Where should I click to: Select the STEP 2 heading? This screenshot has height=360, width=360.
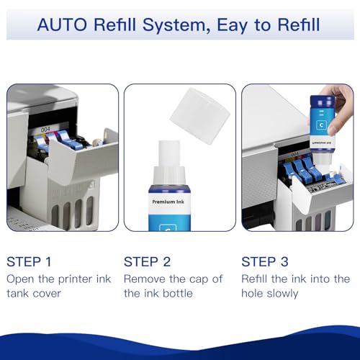point(148,261)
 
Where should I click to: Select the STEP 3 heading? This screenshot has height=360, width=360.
point(266,261)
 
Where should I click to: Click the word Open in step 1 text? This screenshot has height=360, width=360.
point(21,279)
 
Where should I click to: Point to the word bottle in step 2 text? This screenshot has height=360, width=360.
point(177,293)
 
